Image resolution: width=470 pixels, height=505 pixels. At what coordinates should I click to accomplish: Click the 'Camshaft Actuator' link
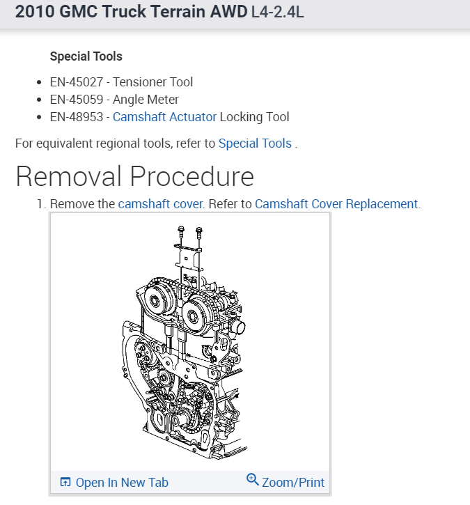pyautogui.click(x=164, y=117)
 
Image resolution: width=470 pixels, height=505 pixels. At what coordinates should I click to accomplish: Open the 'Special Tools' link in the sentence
pyautogui.click(x=255, y=143)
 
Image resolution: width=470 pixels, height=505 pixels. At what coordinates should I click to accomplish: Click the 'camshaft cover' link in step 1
pyautogui.click(x=160, y=204)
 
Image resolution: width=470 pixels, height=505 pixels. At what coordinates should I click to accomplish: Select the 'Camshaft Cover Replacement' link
pyautogui.click(x=336, y=204)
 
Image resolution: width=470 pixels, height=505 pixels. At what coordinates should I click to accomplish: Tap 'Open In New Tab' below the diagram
pyautogui.click(x=122, y=482)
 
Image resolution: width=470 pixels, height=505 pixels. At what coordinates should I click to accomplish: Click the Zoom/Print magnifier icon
pyautogui.click(x=253, y=480)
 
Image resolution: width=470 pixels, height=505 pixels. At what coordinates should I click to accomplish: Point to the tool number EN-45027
pyautogui.click(x=77, y=82)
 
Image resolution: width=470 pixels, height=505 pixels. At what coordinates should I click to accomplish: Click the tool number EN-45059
pyautogui.click(x=77, y=100)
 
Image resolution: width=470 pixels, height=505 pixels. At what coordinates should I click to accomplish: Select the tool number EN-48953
pyautogui.click(x=77, y=117)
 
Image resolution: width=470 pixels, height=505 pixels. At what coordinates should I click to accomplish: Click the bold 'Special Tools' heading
pyautogui.click(x=86, y=56)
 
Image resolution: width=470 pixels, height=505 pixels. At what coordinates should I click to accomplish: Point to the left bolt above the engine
pyautogui.click(x=181, y=231)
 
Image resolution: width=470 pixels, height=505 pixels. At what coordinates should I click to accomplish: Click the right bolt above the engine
pyautogui.click(x=198, y=231)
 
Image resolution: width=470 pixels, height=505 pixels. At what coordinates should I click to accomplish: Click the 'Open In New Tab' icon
pyautogui.click(x=65, y=482)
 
